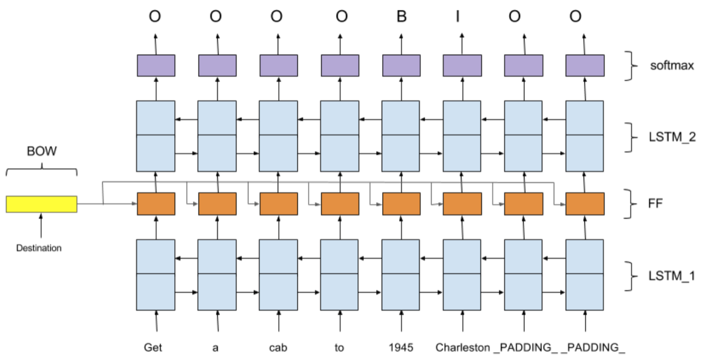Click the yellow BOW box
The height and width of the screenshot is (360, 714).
[x=41, y=204]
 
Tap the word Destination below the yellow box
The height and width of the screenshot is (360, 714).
[x=39, y=248]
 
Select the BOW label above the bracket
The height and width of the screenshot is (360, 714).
[x=41, y=152]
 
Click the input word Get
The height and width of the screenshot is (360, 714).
[x=153, y=348]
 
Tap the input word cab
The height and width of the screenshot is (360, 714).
[x=278, y=348]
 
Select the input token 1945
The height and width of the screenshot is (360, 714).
[x=401, y=348]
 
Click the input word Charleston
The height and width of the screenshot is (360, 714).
[x=462, y=348]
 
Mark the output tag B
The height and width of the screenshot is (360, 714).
[x=401, y=16]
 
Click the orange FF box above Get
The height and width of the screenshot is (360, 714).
[x=156, y=204]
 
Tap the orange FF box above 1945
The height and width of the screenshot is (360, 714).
[x=401, y=204]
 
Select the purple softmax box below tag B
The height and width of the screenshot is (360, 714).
[x=401, y=65]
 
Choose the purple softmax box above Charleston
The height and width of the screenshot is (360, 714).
[x=462, y=65]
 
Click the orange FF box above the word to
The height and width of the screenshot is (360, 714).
[x=340, y=204]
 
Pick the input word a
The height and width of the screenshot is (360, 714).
[x=215, y=348]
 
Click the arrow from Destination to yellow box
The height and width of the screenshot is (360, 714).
[x=41, y=225]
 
